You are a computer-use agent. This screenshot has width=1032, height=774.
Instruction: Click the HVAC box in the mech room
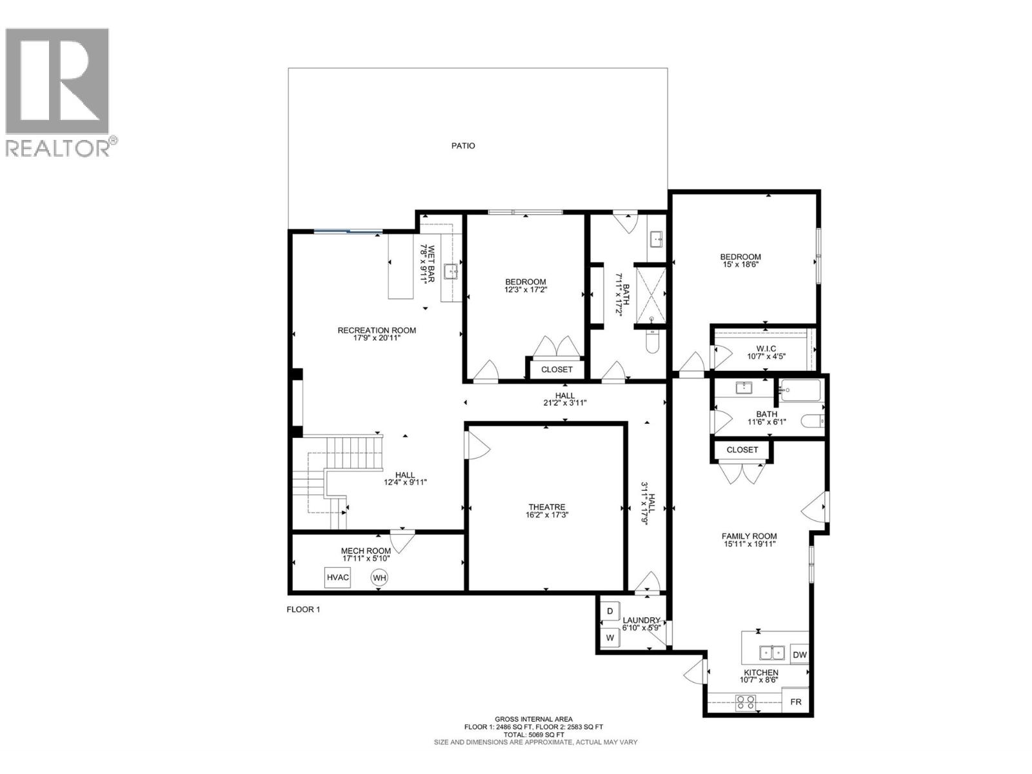click(x=337, y=577)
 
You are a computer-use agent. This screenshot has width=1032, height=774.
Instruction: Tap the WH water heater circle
click(x=379, y=578)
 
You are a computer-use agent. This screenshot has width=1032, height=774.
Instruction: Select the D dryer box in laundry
click(x=610, y=611)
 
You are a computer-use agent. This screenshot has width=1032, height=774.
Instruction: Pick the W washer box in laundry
click(x=610, y=638)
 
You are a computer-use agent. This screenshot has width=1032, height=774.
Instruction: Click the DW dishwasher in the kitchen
click(x=799, y=655)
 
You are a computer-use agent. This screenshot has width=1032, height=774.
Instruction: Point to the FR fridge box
click(x=796, y=702)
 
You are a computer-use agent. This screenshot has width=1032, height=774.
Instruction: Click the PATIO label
click(x=463, y=146)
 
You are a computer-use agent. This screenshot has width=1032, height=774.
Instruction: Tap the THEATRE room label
click(x=546, y=507)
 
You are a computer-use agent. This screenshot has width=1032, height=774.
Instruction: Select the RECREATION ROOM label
click(x=377, y=330)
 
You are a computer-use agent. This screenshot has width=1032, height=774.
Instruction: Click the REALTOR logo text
click(x=61, y=148)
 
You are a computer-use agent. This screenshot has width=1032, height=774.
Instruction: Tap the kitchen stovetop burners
click(x=746, y=702)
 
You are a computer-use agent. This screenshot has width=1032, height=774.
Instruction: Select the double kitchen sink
click(x=771, y=653)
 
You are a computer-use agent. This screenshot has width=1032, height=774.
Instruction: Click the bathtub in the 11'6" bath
click(x=800, y=391)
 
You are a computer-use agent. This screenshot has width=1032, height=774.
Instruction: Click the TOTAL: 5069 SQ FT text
click(x=533, y=735)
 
